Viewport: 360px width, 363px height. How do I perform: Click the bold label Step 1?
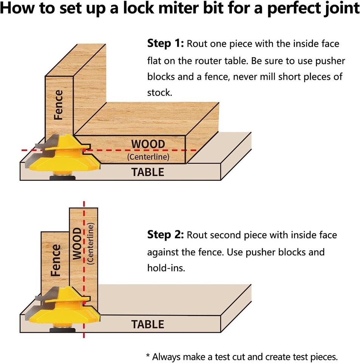pos(165,43)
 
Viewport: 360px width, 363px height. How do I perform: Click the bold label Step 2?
pos(165,235)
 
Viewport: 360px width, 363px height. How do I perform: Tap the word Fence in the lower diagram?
pos(55,260)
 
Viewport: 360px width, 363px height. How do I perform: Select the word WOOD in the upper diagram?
pos(148,144)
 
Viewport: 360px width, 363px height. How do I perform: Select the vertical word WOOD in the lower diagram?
pos(77,244)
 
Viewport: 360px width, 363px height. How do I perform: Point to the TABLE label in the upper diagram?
pos(148,172)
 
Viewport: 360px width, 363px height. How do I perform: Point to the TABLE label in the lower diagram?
pos(148,324)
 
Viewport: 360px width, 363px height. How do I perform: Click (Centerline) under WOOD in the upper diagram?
pos(148,156)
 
